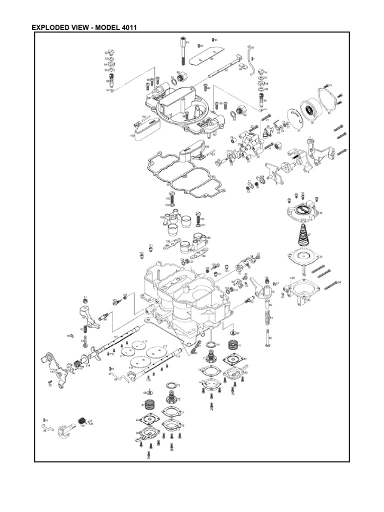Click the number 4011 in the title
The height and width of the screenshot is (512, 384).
point(125,27)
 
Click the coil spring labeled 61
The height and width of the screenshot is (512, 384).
point(269,315)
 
